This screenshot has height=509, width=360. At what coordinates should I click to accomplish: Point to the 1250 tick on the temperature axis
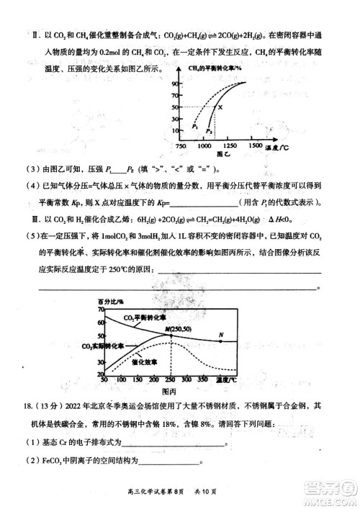233,145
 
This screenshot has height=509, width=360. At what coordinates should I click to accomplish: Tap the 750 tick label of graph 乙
181,145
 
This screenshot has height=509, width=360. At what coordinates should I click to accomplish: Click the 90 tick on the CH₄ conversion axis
174,84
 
